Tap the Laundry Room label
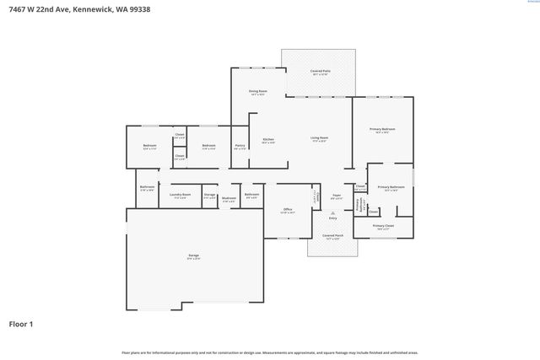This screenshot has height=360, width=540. (180, 195)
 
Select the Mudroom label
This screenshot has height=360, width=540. (229, 199)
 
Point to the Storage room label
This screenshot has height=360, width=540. (209, 196)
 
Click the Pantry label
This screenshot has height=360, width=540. (240, 145)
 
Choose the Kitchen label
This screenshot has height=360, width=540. (268, 139)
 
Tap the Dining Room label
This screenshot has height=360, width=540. (257, 91)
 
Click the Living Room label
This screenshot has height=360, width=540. (319, 138)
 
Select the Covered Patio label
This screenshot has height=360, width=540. (319, 72)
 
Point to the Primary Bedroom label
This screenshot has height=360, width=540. (383, 129)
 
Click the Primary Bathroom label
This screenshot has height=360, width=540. (391, 187)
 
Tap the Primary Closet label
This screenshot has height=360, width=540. (383, 226)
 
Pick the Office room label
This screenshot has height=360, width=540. (288, 209)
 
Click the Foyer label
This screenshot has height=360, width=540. (336, 196)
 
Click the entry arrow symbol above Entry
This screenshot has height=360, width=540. (332, 213)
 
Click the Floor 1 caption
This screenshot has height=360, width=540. (20, 323)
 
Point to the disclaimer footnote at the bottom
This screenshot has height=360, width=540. (269, 352)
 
